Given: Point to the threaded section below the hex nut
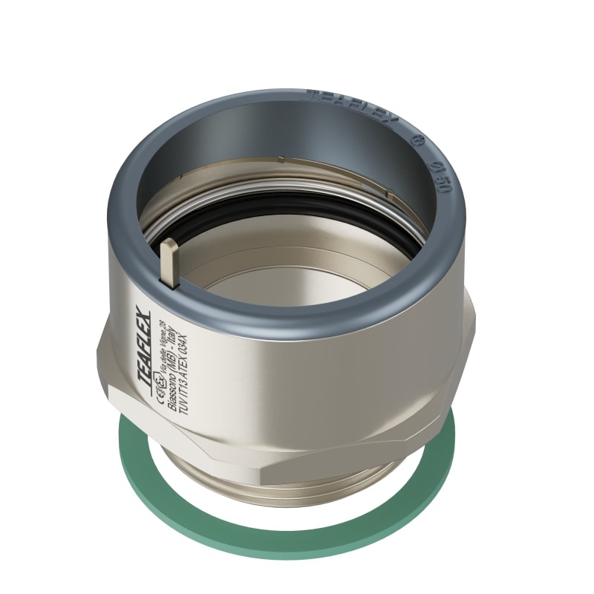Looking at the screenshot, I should coord(215,475).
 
